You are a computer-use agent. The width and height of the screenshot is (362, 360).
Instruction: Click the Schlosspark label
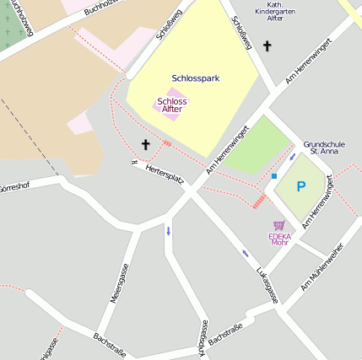point(195,78)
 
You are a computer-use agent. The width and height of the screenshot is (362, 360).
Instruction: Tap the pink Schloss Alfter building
point(171,105)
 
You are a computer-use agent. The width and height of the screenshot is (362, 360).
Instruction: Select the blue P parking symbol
point(300,187)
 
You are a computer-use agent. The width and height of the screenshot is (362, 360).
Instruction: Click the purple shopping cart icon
point(279,226)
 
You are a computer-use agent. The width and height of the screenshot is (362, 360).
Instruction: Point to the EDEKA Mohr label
point(279,239)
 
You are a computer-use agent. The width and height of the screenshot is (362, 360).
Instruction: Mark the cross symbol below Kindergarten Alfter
point(267,46)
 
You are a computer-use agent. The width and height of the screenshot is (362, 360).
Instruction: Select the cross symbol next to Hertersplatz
point(145,145)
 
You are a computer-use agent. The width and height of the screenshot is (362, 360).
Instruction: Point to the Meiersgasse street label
point(117,282)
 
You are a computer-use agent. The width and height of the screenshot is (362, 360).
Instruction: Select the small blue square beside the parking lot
point(274,176)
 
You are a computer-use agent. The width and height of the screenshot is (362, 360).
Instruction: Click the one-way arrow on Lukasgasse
point(246,252)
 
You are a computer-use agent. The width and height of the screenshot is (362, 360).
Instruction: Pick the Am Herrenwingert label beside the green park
point(229,150)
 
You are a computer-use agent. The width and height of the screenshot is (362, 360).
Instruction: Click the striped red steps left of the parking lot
point(260,201)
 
